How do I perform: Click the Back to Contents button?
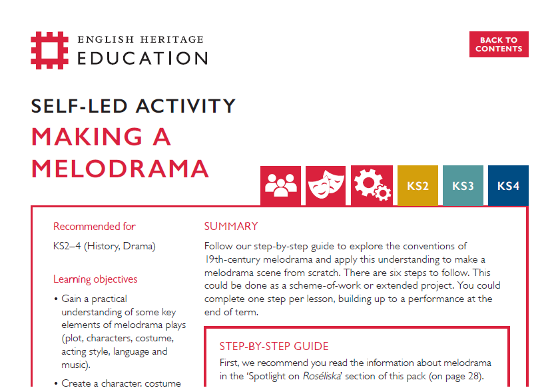pos(499,45)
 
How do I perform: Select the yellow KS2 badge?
pos(418,186)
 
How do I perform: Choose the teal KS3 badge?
pos(463,186)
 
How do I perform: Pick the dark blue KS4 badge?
pos(508,186)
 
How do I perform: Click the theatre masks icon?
pos(326,186)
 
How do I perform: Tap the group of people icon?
pos(280,186)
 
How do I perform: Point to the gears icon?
pos(371,186)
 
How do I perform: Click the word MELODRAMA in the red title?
pos(121,168)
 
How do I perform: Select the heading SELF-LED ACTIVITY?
pos(133,105)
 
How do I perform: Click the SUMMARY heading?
pos(231,227)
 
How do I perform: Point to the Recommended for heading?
pos(95,227)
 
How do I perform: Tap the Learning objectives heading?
pos(95,279)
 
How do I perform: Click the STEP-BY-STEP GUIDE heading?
pos(274,346)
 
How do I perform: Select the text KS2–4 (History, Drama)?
pos(104,247)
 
